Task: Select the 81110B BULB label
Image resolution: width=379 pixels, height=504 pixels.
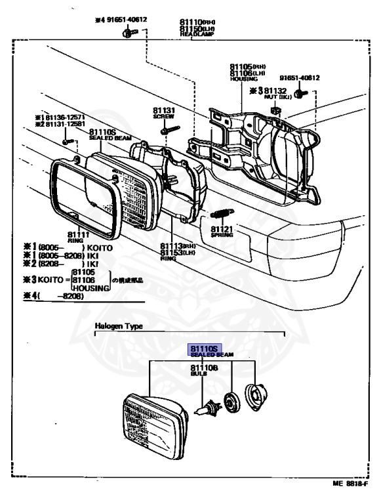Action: click(204, 369)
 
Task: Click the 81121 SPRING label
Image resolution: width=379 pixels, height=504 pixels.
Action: click(222, 231)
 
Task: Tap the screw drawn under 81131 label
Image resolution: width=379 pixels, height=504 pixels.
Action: click(167, 129)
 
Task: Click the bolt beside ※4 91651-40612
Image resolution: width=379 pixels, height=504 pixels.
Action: click(125, 33)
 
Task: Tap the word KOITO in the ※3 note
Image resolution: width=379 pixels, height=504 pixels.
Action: click(50, 278)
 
